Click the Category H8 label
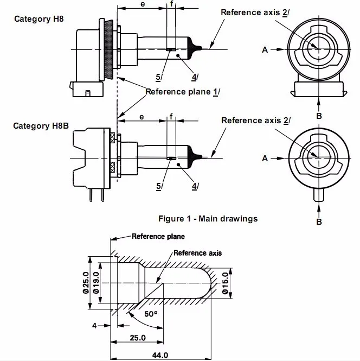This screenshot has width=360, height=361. [39, 19]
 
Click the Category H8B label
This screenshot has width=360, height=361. [41, 126]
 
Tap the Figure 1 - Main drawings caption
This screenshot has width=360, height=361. [208, 218]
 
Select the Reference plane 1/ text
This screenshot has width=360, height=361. [183, 92]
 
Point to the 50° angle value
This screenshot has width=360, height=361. [151, 314]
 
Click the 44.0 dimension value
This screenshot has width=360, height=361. [160, 355]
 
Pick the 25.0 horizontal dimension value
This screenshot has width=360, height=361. [138, 338]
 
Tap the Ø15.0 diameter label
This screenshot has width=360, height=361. [226, 283]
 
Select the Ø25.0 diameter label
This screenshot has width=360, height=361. [86, 283]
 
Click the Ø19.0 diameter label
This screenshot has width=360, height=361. [96, 283]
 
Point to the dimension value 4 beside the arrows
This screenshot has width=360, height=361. [94, 326]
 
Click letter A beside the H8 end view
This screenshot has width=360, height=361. [265, 50]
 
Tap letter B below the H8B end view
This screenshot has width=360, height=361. [319, 221]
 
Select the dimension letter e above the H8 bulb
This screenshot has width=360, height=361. [143, 4]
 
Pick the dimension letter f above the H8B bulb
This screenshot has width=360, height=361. [171, 117]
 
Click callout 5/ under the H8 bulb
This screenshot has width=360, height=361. [158, 77]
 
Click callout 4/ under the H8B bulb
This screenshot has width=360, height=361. [195, 186]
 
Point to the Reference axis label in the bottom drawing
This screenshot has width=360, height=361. [197, 253]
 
